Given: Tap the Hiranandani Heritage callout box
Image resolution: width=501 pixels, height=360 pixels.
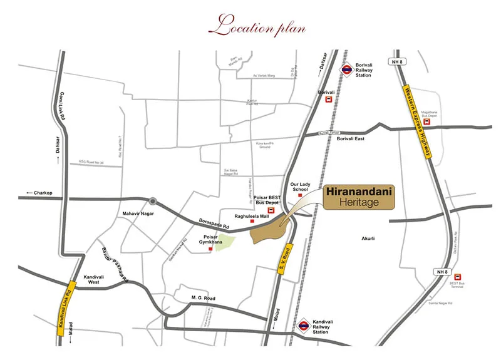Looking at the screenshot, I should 358,197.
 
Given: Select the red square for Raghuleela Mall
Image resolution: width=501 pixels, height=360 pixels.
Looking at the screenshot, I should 252,222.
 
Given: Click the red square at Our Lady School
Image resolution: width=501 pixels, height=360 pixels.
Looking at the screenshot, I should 300,195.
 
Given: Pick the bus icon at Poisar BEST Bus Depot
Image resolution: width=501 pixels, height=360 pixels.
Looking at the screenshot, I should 271,211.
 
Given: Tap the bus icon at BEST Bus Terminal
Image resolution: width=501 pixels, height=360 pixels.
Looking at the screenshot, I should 457,277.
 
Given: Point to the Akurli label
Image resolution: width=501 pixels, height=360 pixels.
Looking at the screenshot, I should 368,239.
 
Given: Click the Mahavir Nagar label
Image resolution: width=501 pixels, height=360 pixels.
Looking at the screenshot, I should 138,213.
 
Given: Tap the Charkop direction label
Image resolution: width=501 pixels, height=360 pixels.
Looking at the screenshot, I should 40,192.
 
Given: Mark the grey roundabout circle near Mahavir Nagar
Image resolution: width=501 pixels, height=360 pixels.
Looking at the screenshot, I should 152,201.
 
